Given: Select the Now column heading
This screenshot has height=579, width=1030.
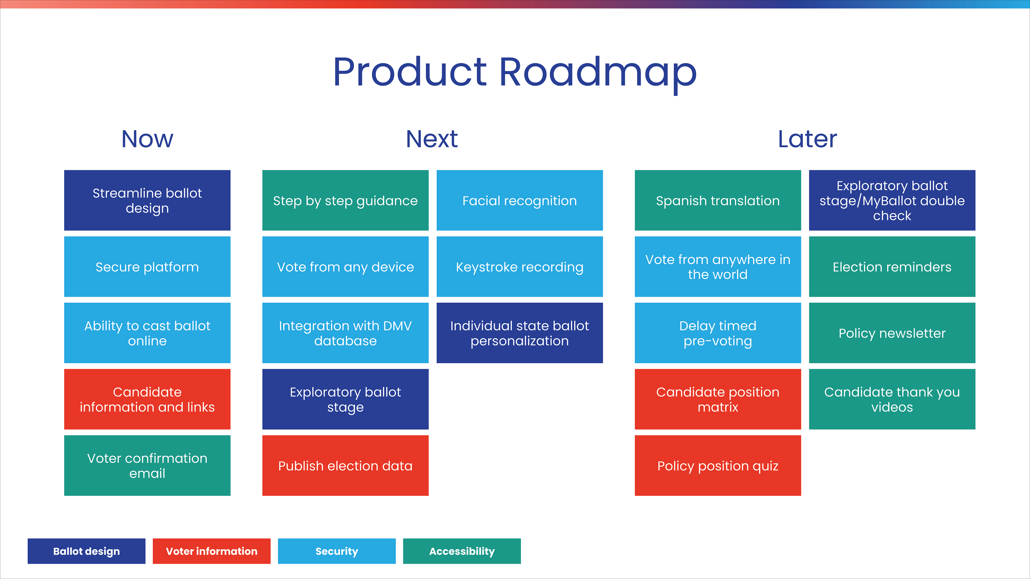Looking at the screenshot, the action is tap(147, 139).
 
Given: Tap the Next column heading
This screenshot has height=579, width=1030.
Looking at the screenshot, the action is tap(432, 139).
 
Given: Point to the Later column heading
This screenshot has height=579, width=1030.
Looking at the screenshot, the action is tap(807, 139).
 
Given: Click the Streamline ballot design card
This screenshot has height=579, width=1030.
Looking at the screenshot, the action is tap(147, 200).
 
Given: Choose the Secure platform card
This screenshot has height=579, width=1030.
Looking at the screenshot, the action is tap(147, 266).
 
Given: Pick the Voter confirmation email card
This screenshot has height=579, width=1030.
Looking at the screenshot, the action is tap(147, 466).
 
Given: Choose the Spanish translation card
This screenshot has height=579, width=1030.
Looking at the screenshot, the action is tap(718, 200).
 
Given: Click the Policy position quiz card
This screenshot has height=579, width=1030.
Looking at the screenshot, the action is tap(718, 466).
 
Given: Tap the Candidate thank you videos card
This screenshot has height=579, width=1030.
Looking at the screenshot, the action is tap(892, 399).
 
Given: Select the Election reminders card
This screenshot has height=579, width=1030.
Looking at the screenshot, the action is tap(892, 266).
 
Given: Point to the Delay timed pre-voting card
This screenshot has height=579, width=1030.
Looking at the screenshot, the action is tap(718, 333).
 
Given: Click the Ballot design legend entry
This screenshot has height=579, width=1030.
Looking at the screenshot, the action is tap(86, 551).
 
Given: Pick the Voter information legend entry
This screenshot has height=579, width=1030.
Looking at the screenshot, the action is tap(212, 551).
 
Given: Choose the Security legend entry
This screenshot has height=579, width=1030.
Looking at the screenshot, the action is tap(337, 551).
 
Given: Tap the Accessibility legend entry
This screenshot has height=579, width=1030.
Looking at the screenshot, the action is tap(462, 551).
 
